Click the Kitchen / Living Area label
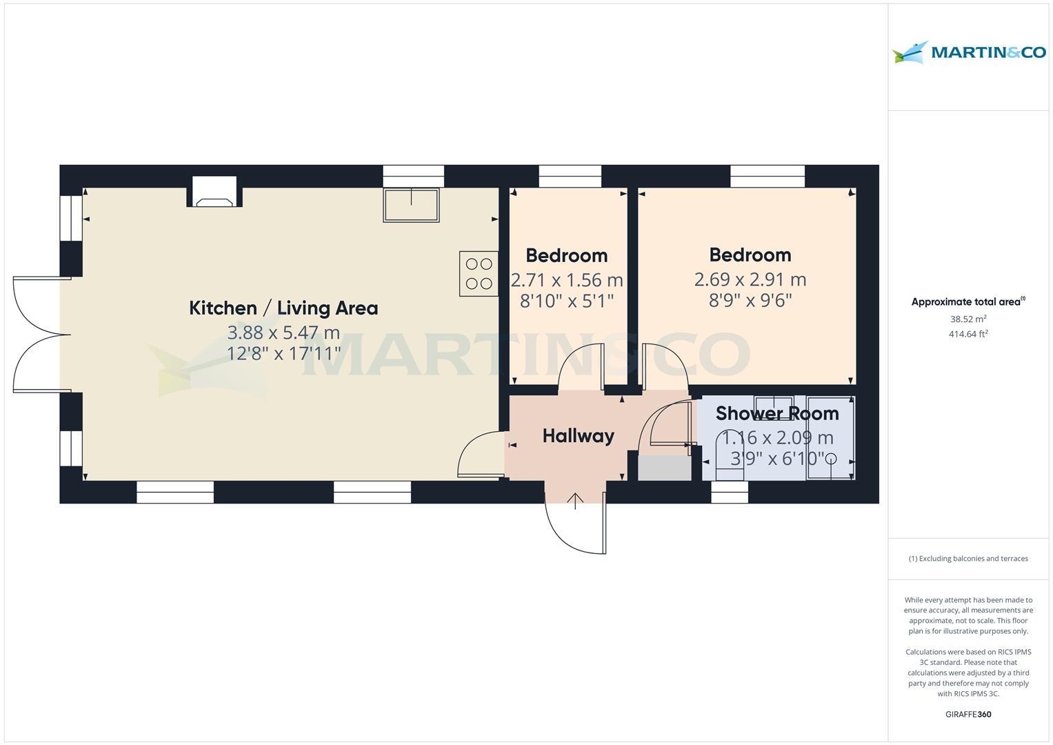[x=283, y=308]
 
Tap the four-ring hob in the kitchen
[x=479, y=274]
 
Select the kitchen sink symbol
[x=411, y=205]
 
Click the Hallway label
[x=578, y=436]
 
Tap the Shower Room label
[x=777, y=413]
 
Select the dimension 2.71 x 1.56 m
[x=566, y=280]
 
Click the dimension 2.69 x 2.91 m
[x=750, y=279]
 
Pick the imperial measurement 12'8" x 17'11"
[x=283, y=354]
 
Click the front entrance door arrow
[x=576, y=500]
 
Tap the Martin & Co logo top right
[x=968, y=52]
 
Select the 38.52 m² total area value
[x=968, y=319]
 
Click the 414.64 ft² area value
[x=968, y=335]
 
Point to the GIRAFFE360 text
[x=968, y=714]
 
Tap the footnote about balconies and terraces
[x=968, y=559]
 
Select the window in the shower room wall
[x=730, y=492]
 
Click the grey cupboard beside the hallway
[x=665, y=468]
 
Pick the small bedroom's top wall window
[x=570, y=176]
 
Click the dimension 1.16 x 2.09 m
[x=777, y=438]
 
